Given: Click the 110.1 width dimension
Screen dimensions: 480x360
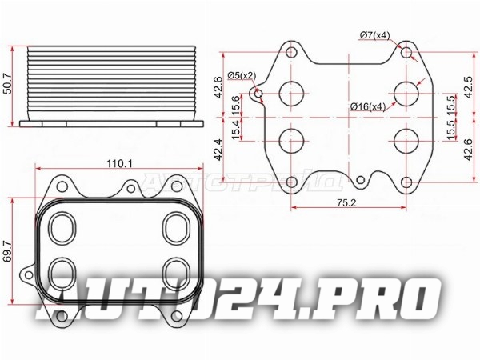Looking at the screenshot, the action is (119, 163).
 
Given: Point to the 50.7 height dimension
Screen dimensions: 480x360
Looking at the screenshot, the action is (6, 84).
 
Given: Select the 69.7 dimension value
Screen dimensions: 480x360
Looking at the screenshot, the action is (6, 250).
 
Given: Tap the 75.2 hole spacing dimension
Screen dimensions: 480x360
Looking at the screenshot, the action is (346, 202).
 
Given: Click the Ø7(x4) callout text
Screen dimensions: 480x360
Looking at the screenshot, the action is (375, 36).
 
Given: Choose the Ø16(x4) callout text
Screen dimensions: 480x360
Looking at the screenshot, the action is (368, 107).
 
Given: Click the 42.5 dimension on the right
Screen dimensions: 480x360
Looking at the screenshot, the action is (468, 87).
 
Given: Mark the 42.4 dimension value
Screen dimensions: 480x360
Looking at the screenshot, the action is (218, 150).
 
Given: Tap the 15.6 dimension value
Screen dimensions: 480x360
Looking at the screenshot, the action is (236, 105).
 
